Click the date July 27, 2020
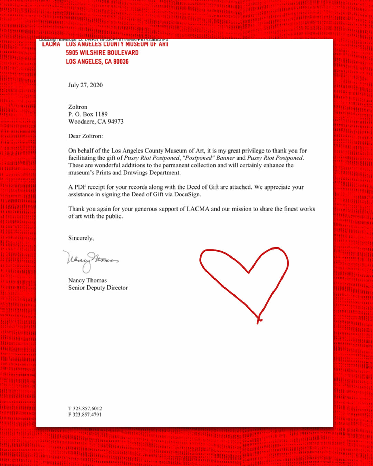85,85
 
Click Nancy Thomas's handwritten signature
90,260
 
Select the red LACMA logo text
51,45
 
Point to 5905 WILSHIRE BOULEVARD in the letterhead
102,53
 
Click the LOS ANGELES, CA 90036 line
97,61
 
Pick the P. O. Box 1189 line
88,114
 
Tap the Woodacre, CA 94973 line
96,122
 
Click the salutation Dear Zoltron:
85,136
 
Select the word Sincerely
80,238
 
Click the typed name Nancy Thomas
87,280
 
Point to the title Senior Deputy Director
98,288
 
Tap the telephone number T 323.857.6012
85,408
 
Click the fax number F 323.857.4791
85,415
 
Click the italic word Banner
225,158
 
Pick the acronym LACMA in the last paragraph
198,209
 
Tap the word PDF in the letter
80,187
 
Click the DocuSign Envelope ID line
104,40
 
